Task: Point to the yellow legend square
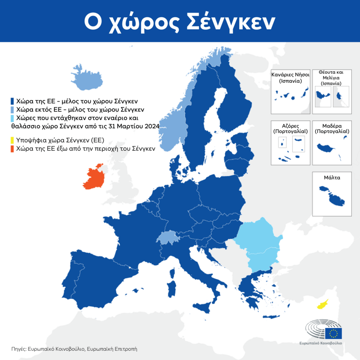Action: [12, 140]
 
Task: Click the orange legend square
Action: [12, 149]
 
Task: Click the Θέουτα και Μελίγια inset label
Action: [332, 77]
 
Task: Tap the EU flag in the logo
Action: [333, 333]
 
